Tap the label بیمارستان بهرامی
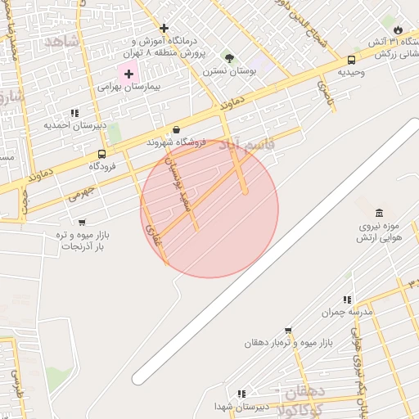click(x=129, y=86)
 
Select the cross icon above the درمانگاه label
click(x=164, y=28)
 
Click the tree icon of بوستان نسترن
click(x=229, y=58)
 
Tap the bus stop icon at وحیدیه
click(x=351, y=60)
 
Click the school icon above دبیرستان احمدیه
click(x=74, y=113)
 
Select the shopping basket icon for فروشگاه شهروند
click(x=177, y=129)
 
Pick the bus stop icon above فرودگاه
click(x=101, y=154)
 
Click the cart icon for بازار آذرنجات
click(x=81, y=222)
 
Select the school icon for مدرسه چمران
click(x=347, y=300)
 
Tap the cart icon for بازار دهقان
click(x=287, y=330)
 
